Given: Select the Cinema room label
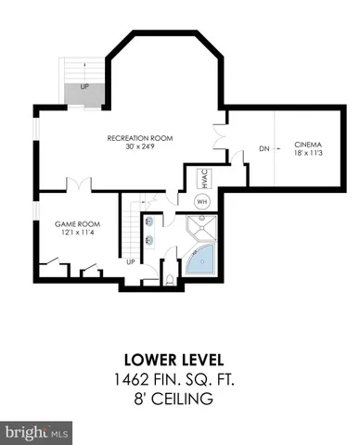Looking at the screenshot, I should pos(308,145).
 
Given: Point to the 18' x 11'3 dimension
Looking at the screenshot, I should pos(308,154).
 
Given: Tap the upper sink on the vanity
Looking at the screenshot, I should pos(149,223).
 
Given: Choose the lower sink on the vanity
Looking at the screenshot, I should pos(149,240).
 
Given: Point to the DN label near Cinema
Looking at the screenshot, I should pos(238,147).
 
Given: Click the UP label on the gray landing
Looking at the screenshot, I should pos(84,87).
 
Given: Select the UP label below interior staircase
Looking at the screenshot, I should pos(130,262).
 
